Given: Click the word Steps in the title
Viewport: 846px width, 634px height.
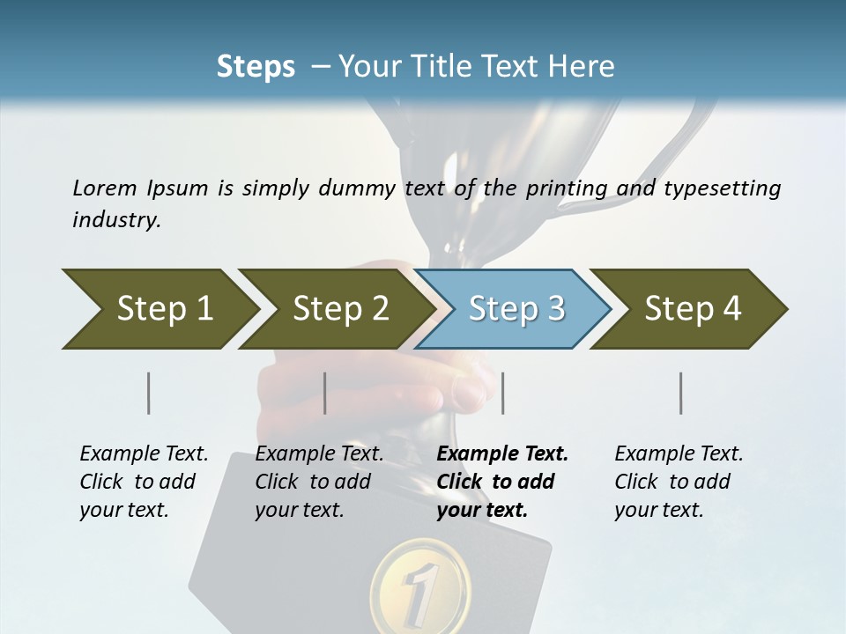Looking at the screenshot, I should pos(256,67).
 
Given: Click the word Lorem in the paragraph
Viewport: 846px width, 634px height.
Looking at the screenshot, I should pos(104,188).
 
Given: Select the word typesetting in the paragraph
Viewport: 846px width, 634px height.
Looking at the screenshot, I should pos(723,188).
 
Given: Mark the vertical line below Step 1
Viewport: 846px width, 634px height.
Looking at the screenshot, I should pos(149,393).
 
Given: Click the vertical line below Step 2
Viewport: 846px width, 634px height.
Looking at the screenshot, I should pos(325,393).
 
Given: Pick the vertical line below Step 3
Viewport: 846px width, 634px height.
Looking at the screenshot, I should pos(502,393).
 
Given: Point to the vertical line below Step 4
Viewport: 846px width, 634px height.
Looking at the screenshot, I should pos(681,393).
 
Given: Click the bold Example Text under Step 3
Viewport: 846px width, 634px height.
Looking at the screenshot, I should pos(502,454).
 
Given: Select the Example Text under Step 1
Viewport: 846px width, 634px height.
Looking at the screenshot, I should pos(144,454).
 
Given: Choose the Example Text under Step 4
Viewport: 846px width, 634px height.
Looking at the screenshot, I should pos(679,454).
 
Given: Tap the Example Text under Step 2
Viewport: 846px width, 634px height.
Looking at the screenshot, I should pos(319,454).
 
